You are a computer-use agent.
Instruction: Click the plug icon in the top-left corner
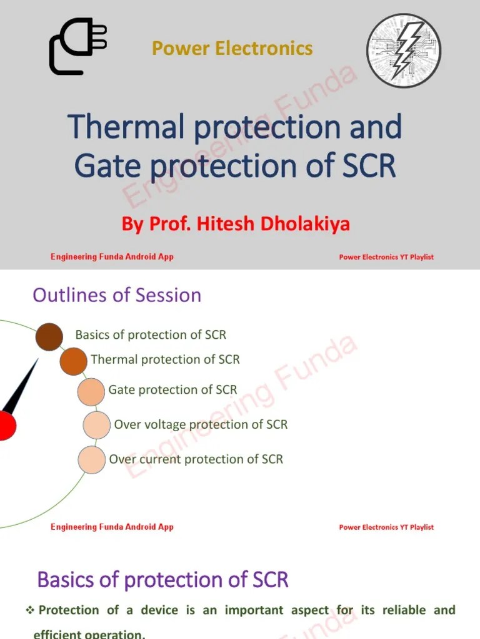[77, 47]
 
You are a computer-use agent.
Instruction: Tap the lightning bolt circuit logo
[404, 50]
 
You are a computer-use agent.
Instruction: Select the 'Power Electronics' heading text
[232, 48]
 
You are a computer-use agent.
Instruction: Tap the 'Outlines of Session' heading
[117, 295]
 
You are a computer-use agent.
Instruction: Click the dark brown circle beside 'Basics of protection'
[49, 337]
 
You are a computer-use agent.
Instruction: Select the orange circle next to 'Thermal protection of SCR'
[73, 362]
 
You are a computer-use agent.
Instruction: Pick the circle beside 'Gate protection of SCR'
[91, 392]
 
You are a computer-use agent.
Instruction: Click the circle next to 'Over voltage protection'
[96, 425]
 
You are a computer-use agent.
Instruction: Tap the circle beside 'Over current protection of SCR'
[91, 460]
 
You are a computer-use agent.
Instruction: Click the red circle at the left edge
[5, 426]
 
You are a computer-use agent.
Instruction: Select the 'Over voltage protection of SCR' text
[201, 424]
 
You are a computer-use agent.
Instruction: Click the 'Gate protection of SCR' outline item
[172, 390]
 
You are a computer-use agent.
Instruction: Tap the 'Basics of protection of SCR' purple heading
[162, 580]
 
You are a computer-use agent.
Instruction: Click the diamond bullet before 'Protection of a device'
[29, 610]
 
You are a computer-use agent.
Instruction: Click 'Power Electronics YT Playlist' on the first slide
[386, 257]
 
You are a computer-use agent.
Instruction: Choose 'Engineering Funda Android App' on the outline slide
[112, 527]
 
